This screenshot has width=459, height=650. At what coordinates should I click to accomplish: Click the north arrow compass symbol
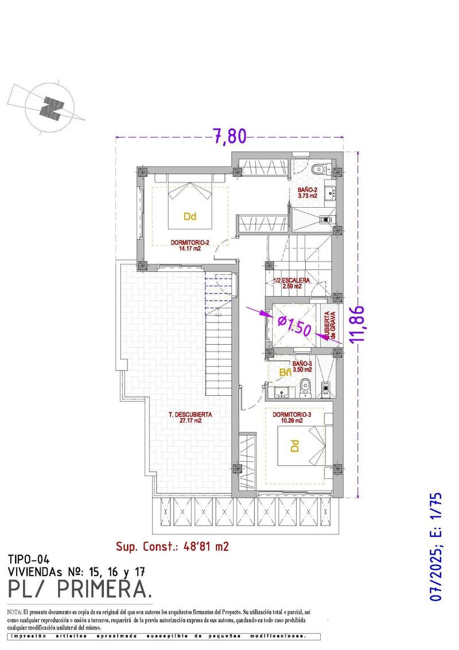[x=51, y=107]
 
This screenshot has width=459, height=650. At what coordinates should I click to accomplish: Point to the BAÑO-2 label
[x=308, y=193]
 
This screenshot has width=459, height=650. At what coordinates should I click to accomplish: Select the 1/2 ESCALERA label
[x=291, y=283]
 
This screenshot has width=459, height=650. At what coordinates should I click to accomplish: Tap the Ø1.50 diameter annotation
[x=293, y=326]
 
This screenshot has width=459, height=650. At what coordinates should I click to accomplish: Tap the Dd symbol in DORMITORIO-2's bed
[x=190, y=216]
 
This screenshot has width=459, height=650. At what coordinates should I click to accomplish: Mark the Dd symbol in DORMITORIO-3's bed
[x=294, y=446]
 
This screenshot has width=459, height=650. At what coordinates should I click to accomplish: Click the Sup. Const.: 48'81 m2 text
[x=172, y=546]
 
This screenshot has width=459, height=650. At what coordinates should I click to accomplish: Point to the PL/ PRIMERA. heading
[x=80, y=589]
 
